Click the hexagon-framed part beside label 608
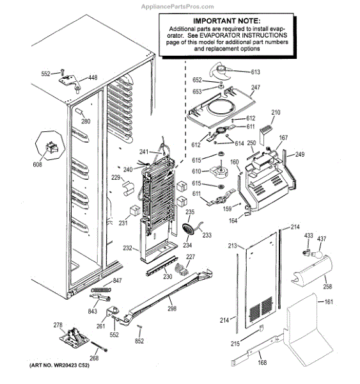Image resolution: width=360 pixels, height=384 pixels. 50,146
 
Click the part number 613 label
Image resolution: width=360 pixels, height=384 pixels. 256,72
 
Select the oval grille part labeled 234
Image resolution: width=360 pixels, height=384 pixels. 189,228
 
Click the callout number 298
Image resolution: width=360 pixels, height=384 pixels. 172,308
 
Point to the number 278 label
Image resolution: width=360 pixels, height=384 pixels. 58,326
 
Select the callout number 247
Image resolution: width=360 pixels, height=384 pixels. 256,88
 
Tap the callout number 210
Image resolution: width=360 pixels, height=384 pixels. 276,113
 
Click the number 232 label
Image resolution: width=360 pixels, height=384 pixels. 128,248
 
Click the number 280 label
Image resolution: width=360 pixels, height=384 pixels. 86,122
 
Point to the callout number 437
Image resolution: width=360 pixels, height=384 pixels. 322,239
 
